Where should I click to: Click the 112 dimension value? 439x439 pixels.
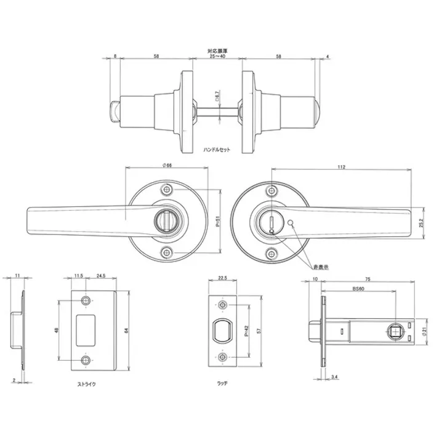[342, 167]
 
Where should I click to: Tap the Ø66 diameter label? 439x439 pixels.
[167, 165]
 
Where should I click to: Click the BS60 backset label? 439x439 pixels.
[358, 288]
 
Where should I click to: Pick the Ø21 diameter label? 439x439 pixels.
[424, 333]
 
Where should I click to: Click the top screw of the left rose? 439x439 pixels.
[166, 190]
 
